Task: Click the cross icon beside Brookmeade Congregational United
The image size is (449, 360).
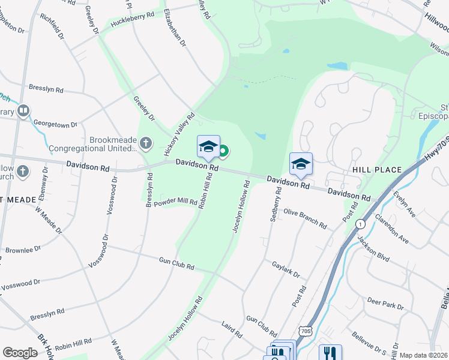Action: click(x=145, y=143)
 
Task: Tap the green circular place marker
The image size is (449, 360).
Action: click(x=223, y=152)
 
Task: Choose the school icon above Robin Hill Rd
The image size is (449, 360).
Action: click(x=208, y=146)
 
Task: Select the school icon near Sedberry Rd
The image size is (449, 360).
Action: click(x=301, y=163)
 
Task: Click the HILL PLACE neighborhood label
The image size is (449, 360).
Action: click(x=377, y=170)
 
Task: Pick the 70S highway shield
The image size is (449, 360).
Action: click(x=306, y=332)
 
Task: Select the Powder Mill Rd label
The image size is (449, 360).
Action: click(x=175, y=203)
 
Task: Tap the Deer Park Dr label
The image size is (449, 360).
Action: click(x=385, y=303)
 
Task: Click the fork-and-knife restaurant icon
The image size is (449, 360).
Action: click(x=330, y=353)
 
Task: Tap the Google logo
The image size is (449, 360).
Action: click(x=20, y=353)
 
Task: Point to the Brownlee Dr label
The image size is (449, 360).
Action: click(x=22, y=248)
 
